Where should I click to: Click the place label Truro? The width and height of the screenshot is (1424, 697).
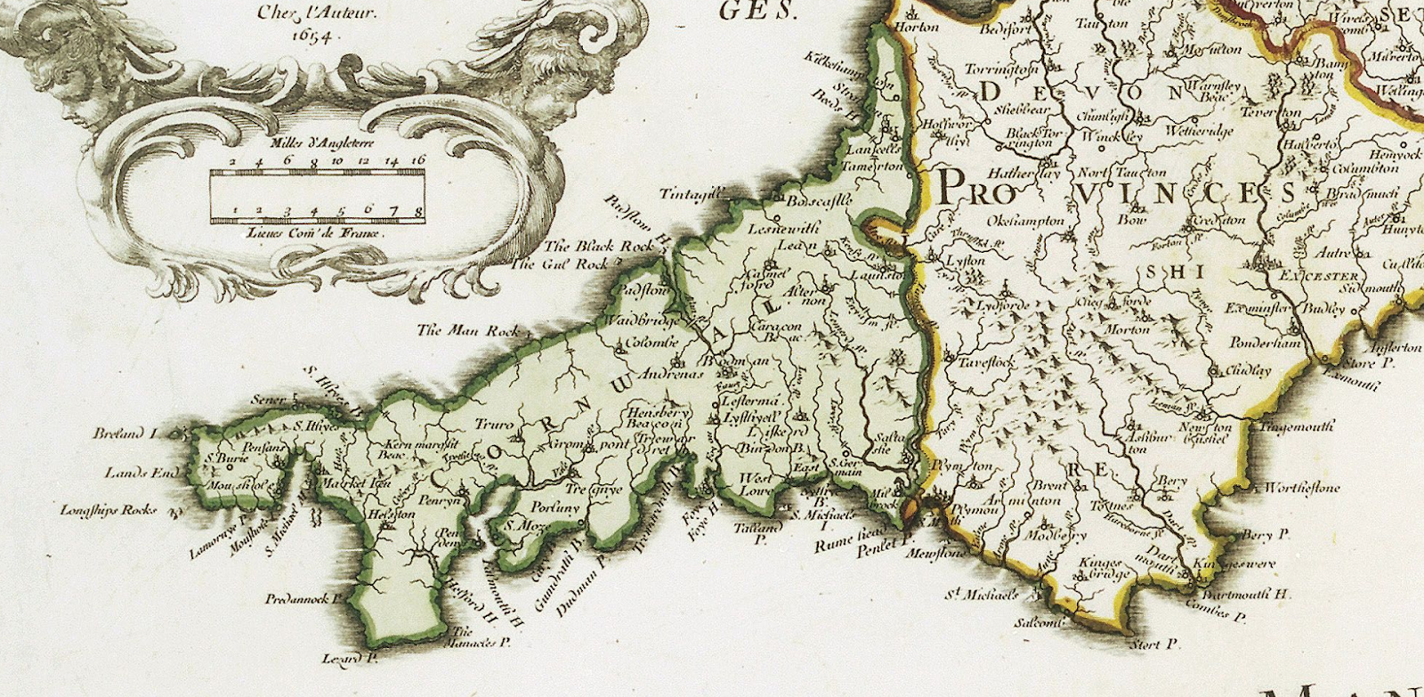coord(493,425)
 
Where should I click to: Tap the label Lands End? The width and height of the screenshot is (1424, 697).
coord(142,473)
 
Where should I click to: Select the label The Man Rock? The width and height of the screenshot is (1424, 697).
coord(469,330)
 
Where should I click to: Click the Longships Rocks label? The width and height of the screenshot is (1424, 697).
coord(109,510)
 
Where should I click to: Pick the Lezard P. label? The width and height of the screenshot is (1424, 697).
coord(351,659)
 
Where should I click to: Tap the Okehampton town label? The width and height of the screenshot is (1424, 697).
coord(1026,220)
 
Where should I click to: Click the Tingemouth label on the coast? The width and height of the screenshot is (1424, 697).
coord(1297,426)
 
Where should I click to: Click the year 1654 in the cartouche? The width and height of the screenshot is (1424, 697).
coord(311,36)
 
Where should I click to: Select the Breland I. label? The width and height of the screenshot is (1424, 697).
coord(125,434)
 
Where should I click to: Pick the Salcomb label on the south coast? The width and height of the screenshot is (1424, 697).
coord(1040,622)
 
